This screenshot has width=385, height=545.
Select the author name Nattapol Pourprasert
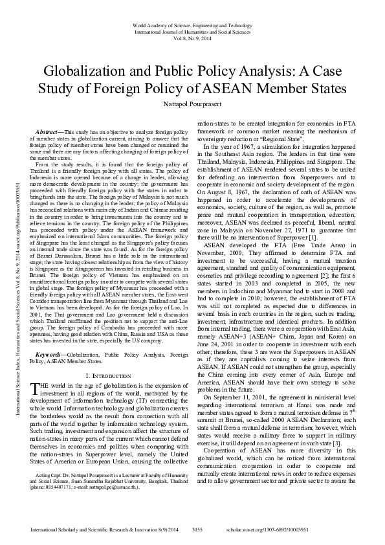coord(192,104)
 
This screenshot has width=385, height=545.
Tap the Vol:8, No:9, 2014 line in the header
coord(192,38)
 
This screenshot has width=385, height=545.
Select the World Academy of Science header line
coord(192,23)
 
